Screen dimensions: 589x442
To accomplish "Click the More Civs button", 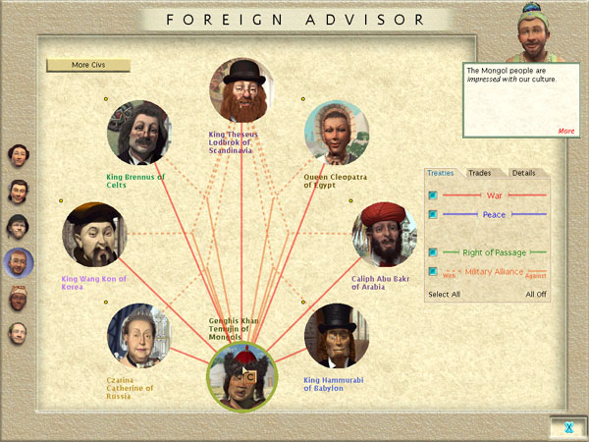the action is (88, 65).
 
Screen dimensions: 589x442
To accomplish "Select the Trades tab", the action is (480, 173).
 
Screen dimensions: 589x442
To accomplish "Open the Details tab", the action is (523, 173).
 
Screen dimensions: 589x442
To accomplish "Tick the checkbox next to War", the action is (433, 195).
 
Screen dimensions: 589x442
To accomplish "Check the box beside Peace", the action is (433, 214).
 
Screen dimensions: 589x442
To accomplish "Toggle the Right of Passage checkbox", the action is (433, 252).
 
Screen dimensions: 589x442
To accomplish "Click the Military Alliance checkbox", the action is (433, 271).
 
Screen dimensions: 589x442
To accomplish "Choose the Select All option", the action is (444, 295).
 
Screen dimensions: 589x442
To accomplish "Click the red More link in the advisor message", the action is (566, 131).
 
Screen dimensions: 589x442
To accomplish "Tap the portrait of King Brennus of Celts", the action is (139, 133).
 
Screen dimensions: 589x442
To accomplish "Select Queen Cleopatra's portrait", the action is (337, 133).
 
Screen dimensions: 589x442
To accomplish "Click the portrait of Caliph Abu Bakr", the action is (384, 235).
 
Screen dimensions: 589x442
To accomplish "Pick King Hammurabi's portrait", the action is (337, 336).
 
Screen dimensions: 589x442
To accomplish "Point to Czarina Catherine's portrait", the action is (139, 336).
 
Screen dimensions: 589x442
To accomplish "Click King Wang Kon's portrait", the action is (94, 235).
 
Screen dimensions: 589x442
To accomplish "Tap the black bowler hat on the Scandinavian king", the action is (244, 72).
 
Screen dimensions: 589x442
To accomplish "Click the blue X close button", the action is (568, 427).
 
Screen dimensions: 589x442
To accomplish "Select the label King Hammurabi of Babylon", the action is (334, 384).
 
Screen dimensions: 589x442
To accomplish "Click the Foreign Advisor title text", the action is (295, 20).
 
